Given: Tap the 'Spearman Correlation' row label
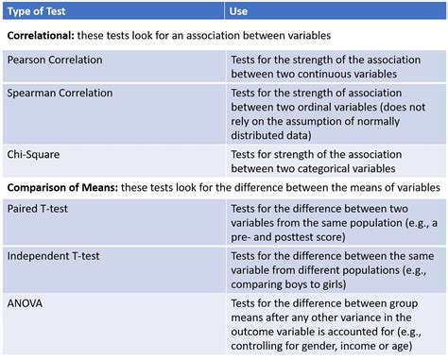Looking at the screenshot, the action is [60, 94].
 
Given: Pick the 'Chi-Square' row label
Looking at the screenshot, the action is [36, 153].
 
